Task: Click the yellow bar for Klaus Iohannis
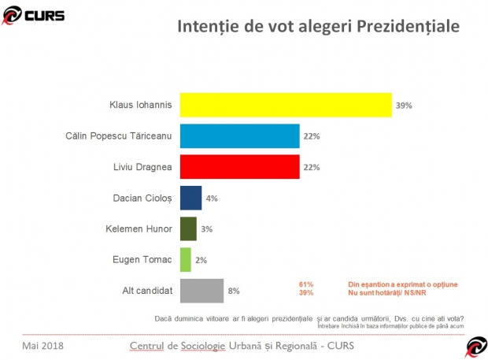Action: pyautogui.click(x=286, y=105)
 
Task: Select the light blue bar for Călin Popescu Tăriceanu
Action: pyautogui.click(x=239, y=135)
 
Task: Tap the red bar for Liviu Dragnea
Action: pyautogui.click(x=239, y=167)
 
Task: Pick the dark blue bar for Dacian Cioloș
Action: pyautogui.click(x=190, y=198)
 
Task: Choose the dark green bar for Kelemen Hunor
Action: pyautogui.click(x=188, y=228)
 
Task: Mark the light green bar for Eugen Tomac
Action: pyautogui.click(x=186, y=259)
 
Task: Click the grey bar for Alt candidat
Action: pyautogui.click(x=201, y=291)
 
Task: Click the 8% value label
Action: pyautogui.click(x=234, y=291)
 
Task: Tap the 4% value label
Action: pyautogui.click(x=212, y=198)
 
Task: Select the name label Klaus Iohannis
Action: pyautogui.click(x=140, y=105)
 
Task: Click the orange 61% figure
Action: pyautogui.click(x=306, y=284)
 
